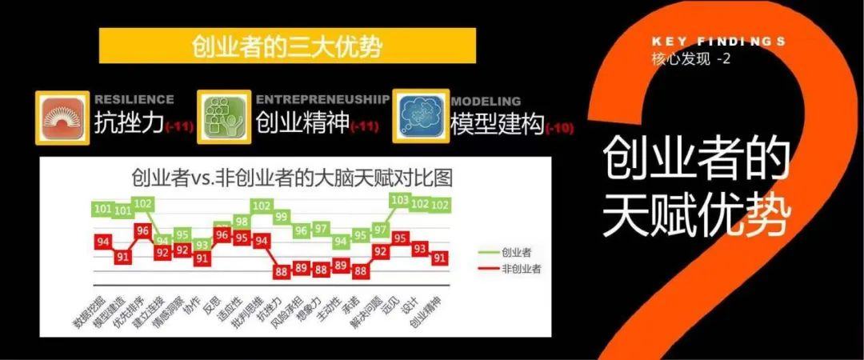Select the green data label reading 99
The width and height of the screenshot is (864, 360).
(x=281, y=217)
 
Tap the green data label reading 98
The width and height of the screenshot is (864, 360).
(x=242, y=222)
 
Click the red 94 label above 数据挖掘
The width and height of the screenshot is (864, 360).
(x=102, y=241)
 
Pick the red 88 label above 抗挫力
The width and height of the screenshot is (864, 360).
(x=281, y=271)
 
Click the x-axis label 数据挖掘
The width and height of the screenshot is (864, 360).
(x=86, y=310)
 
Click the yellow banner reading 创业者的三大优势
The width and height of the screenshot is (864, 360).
(x=287, y=46)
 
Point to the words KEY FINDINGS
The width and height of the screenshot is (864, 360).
(x=718, y=41)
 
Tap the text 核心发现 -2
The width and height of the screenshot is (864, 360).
(x=692, y=58)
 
